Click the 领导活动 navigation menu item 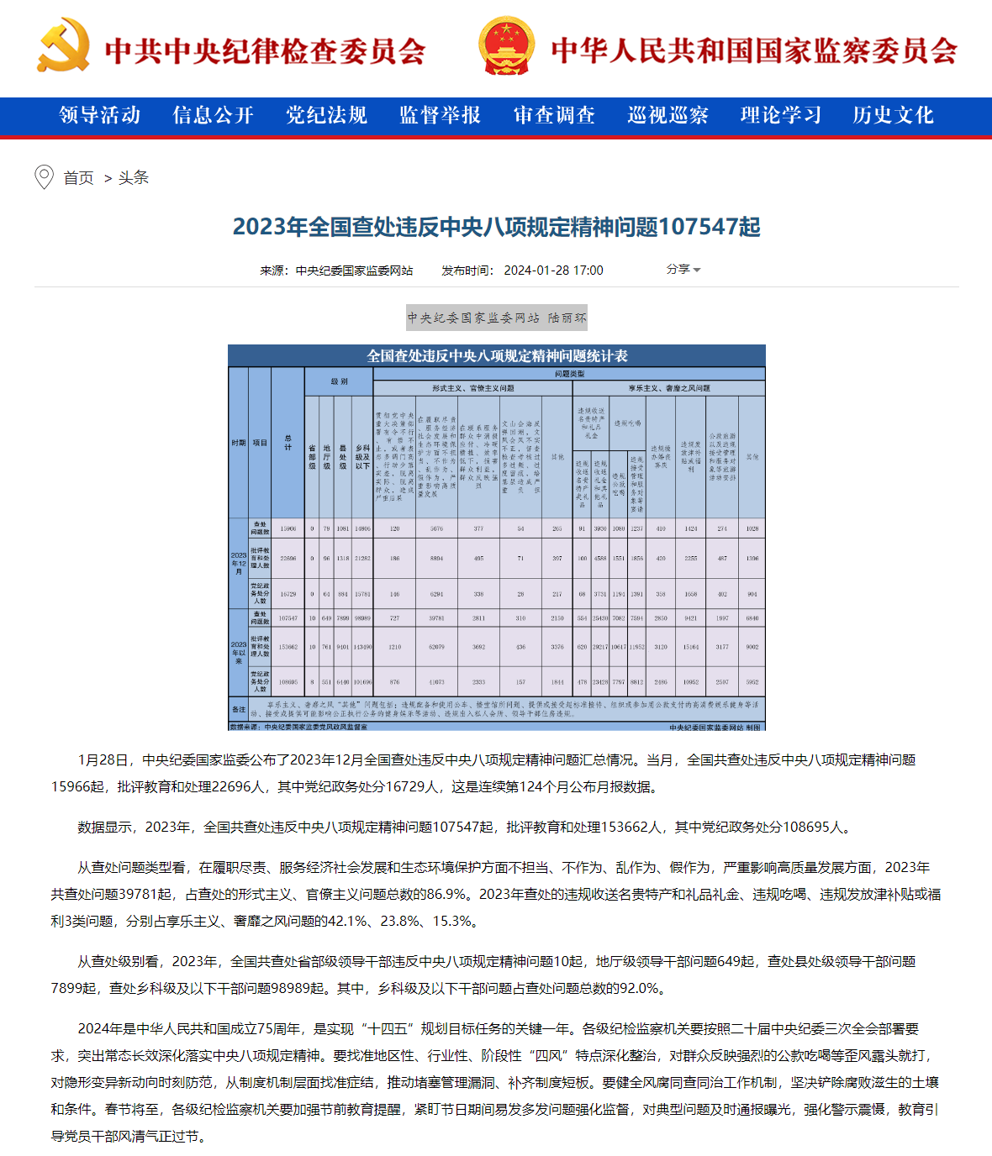pos(100,115)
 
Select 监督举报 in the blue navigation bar pos(440,115)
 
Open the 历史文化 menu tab pos(893,115)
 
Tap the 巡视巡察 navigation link pos(667,115)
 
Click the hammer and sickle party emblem pos(63,48)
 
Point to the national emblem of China pos(506,48)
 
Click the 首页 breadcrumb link pos(78,178)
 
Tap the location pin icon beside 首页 pos(44,177)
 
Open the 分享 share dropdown pos(683,270)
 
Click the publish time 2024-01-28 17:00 pos(553,271)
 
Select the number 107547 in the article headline pos(709,227)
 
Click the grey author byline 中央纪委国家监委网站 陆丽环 pos(497,318)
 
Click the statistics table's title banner pos(497,355)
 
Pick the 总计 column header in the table pos(288,442)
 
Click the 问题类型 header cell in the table pos(569,374)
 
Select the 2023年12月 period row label pos(239,563)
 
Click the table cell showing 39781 pos(436,618)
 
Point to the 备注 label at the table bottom pos(239,709)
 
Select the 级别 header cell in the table pos(339,381)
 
